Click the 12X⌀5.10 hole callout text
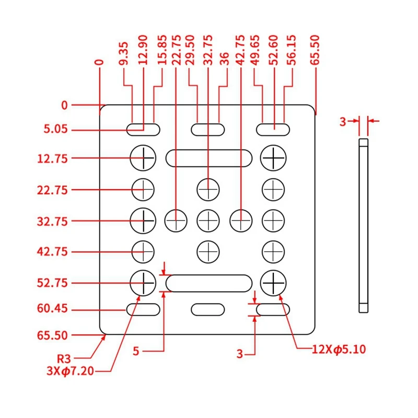pos(338,350)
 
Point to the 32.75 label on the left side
pos(52,221)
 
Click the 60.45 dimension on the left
pos(52,309)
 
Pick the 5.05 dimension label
pos(55,129)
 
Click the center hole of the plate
pos(208,220)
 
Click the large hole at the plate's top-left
pos(143,157)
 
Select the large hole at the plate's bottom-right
pos(273,283)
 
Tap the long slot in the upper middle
pos(208,157)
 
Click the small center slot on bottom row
pos(208,309)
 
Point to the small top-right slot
pos(273,129)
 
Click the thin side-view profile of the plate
pos(364,225)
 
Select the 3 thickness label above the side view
pos(343,122)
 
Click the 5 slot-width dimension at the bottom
pos(136,351)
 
